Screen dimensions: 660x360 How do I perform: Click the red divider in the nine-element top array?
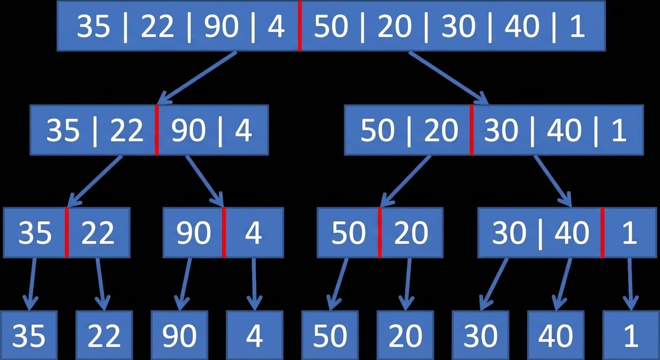tap(300, 26)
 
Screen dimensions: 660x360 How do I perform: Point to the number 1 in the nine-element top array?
tap(577, 27)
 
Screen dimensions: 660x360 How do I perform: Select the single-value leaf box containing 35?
tap(29, 335)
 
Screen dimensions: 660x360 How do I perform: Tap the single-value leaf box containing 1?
tap(630, 335)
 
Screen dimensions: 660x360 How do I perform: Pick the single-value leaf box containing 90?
tap(180, 335)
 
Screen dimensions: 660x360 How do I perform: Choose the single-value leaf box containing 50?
tap(330, 335)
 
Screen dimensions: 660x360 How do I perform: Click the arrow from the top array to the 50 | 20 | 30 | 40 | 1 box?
tap(448, 78)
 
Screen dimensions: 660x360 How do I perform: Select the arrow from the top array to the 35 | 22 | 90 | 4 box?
tap(197, 78)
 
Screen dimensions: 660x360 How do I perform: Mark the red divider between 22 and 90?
tap(157, 130)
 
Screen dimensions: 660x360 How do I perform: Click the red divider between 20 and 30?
tap(472, 130)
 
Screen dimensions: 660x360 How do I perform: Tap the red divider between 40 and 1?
tap(602, 232)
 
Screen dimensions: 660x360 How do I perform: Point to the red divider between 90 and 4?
tap(224, 232)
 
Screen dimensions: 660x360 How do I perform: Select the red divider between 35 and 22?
tap(67, 232)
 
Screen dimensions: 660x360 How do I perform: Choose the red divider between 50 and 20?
tap(380, 232)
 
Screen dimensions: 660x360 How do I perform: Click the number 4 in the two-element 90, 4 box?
tap(254, 233)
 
